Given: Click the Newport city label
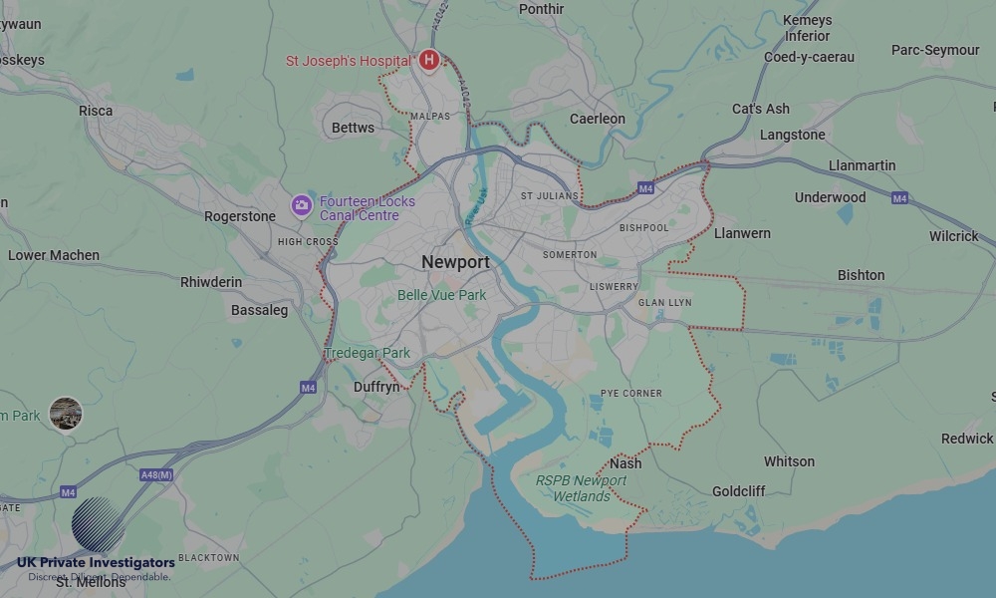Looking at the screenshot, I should (455, 262).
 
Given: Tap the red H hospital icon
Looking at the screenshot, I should (429, 61).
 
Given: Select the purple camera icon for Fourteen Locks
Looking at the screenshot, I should (302, 206).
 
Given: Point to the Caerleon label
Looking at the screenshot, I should (598, 119).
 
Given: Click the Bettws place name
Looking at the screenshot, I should (353, 128).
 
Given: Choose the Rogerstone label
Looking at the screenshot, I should (239, 216).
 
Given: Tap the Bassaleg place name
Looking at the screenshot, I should (259, 310).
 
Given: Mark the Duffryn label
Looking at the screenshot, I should (376, 387).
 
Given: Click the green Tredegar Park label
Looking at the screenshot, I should (368, 354).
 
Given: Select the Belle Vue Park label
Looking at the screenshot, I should (441, 295).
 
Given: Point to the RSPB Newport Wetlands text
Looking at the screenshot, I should (582, 488).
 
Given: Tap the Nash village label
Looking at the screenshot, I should (625, 463).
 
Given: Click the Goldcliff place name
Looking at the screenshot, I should (739, 491).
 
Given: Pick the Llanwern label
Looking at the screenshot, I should (742, 233).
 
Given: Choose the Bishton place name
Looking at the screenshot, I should (861, 275).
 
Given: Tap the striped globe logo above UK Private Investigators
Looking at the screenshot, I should (98, 524).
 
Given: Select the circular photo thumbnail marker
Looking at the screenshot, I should (66, 414).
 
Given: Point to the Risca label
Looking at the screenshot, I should (96, 111).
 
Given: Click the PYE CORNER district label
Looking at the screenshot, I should (631, 394).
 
